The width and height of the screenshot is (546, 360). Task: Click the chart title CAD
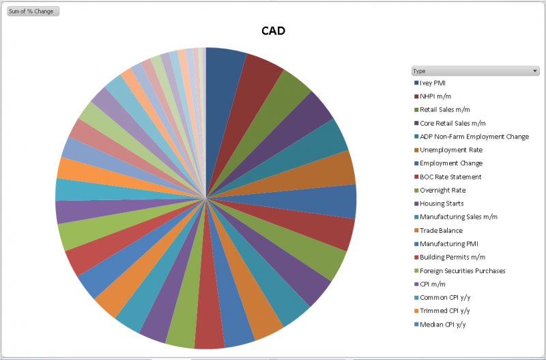point(273,31)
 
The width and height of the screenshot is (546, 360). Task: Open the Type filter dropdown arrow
point(535,70)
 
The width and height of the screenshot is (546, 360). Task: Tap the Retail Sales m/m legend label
point(445,110)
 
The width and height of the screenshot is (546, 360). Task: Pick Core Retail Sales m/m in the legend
point(452,123)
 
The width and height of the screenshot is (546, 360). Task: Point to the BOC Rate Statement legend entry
point(450,177)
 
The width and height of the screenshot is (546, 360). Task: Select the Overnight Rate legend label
point(443,191)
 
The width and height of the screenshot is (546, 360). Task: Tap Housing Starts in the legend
point(442,204)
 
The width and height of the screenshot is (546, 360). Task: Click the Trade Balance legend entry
point(441,231)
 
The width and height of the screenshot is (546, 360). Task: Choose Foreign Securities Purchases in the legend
point(463,271)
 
